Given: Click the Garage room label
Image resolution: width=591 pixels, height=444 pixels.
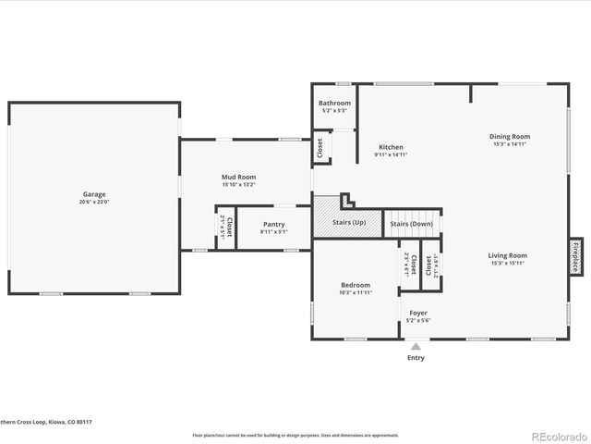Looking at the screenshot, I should (93, 194).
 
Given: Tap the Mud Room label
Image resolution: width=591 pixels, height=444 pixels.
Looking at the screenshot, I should (238, 177).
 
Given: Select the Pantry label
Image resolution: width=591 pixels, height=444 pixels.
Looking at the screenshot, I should (274, 224).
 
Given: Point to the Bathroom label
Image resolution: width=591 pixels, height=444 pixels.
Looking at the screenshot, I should (334, 103).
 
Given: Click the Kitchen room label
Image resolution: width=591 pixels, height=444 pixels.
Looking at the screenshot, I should (391, 147).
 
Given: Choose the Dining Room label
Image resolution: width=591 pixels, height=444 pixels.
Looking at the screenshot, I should (510, 136).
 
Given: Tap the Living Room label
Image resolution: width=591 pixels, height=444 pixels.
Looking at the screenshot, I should (508, 255).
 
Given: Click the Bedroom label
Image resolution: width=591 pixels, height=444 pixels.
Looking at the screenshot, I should (355, 285).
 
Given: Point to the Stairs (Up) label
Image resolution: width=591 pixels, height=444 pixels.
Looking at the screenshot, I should (349, 223).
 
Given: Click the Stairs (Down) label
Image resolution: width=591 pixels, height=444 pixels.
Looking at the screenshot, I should (411, 224).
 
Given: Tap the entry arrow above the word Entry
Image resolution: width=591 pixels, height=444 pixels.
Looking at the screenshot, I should (416, 347).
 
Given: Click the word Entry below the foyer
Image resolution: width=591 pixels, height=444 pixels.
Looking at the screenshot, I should (416, 358).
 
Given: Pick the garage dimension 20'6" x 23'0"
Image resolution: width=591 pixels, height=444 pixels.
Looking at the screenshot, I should (93, 202).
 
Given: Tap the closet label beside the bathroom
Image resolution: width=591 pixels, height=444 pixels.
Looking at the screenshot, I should (320, 148).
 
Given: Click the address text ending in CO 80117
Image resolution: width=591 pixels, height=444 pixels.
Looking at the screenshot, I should (46, 421).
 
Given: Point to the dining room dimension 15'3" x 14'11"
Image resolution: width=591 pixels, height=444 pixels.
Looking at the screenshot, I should (510, 143).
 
